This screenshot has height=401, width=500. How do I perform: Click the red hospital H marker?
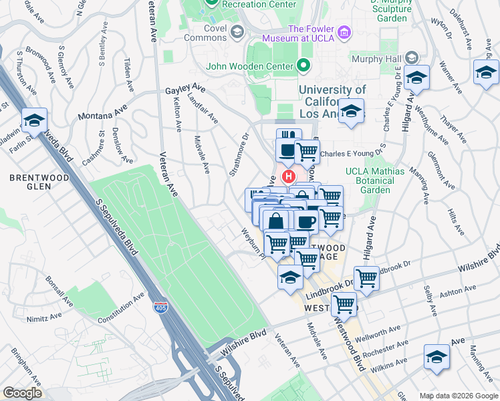coord(289,177)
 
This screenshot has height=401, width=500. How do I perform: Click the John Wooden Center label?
coord(250,66)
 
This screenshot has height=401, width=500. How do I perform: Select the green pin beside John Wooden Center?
coord(304,65)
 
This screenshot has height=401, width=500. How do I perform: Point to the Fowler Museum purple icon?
coord(344,31)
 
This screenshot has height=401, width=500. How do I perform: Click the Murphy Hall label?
coord(378,59)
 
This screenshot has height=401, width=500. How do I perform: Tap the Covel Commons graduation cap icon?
coord(237,31)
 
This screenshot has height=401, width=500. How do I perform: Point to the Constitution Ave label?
coord(121,311)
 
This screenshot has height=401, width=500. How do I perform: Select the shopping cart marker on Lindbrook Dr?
coord(366,277)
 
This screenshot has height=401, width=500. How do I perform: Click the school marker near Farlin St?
coord(33,120)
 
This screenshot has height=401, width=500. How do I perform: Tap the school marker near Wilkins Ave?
coord(437,357)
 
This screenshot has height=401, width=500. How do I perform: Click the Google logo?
coord(22,394)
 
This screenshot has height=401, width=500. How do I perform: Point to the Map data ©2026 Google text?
coord(458,395)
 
